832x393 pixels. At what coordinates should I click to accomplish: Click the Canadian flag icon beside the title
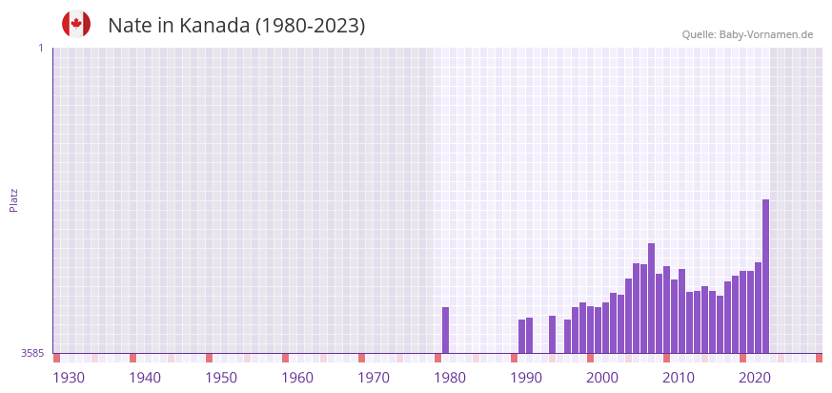point(76,24)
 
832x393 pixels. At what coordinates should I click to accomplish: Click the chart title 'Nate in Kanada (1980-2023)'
point(236,26)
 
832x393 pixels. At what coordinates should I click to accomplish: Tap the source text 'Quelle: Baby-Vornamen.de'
point(747,34)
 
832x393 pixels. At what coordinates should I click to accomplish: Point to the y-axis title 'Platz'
point(13,199)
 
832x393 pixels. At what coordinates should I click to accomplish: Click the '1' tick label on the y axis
point(40,48)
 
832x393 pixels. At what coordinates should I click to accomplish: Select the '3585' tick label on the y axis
point(32,353)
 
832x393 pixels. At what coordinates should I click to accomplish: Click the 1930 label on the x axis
point(69,378)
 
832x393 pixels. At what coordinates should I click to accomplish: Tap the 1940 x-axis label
point(145,378)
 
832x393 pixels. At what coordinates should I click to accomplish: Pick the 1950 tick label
point(221,378)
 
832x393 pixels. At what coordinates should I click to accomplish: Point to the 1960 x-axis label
point(297,378)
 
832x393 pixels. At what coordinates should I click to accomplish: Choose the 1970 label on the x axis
point(374,378)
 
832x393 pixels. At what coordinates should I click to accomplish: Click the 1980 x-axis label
point(450,378)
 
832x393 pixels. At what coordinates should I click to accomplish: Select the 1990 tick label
point(526,378)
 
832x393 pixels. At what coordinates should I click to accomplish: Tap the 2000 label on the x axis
point(602,378)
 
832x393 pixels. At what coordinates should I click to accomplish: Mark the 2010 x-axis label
point(679,378)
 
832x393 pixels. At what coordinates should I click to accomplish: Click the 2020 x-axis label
point(755,378)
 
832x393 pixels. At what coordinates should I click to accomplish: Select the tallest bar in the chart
point(765,276)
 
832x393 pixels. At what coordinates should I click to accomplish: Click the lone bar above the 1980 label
point(445,330)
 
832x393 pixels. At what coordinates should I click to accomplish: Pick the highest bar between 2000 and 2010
point(651,298)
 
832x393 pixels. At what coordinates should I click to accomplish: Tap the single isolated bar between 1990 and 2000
point(552,334)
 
